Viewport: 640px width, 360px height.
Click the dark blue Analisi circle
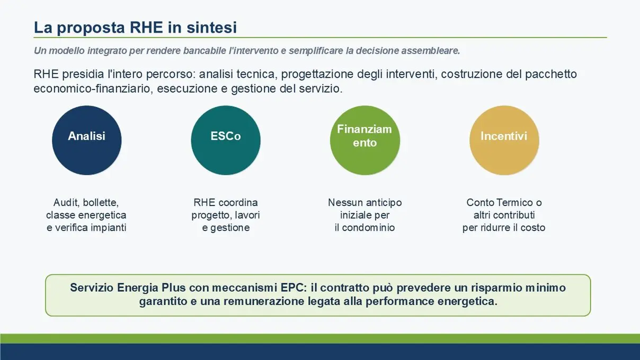tap(86, 140)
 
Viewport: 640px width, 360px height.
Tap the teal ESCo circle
tap(226, 140)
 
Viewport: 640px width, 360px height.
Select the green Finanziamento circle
tap(365, 140)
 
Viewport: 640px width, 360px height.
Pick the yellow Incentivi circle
tap(504, 140)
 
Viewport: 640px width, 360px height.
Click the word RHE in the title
tap(146, 28)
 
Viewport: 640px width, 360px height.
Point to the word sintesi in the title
tap(212, 28)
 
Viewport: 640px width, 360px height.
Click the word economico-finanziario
tap(92, 89)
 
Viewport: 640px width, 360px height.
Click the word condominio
tap(368, 228)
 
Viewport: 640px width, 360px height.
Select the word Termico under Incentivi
tap(515, 203)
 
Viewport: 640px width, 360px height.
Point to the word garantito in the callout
tap(163, 301)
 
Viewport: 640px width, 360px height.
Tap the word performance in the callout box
tap(400, 301)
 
